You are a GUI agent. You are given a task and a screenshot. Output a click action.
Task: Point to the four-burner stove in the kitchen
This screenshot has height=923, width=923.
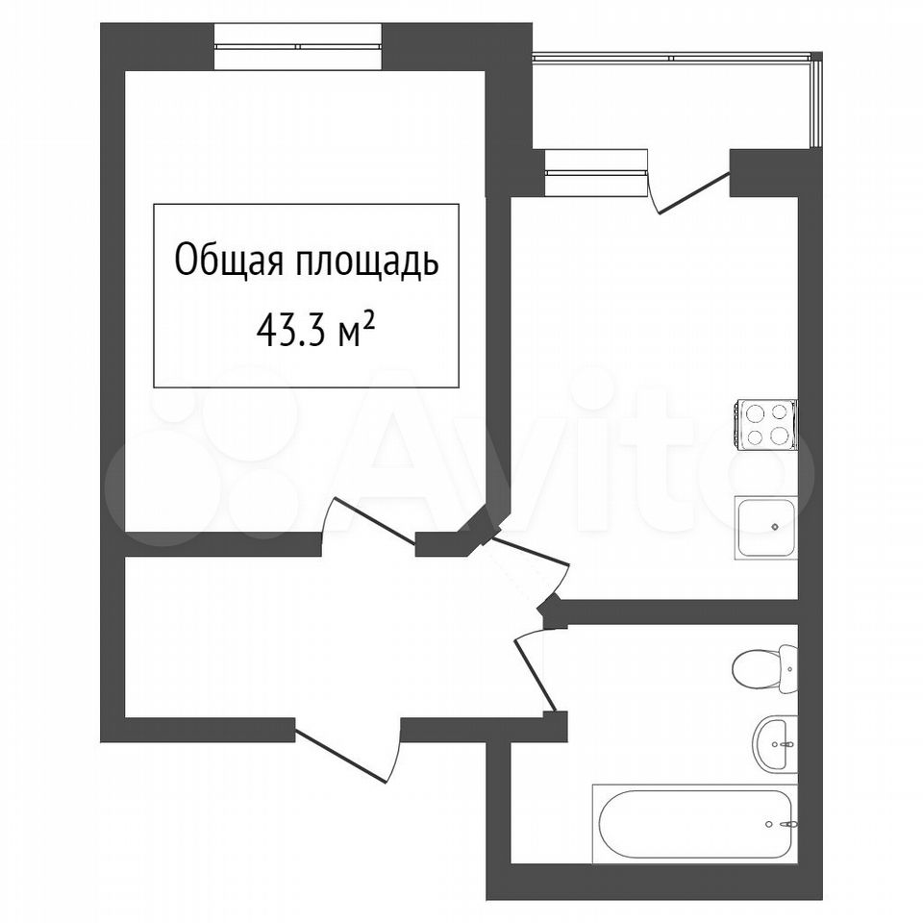point(766,426)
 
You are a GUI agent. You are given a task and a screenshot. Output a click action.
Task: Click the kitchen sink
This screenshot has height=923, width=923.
point(766,527)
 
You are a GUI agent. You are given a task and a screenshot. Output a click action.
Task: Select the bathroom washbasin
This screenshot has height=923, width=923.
point(776,743)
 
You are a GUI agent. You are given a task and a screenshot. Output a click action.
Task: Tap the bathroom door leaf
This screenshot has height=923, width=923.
point(536,675)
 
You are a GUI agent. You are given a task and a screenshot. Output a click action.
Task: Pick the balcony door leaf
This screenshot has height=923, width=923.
point(694,192)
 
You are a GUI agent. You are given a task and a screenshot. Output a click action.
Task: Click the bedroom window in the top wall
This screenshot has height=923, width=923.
point(298,46)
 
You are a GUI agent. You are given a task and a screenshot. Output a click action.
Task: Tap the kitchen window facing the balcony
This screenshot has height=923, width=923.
point(596,172)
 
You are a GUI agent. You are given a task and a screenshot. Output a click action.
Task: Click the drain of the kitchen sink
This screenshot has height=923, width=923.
point(775,527)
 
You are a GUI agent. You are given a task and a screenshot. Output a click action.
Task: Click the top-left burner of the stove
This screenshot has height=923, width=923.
point(753,412)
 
